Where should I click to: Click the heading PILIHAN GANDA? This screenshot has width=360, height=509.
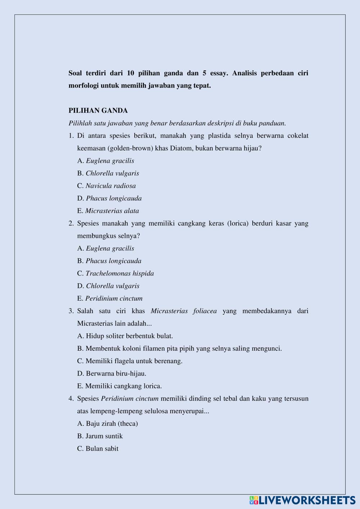pyautogui.click(x=98, y=111)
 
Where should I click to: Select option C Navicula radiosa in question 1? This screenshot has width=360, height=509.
pyautogui.click(x=107, y=186)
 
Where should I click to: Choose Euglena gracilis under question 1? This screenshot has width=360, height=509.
pyautogui.click(x=106, y=161)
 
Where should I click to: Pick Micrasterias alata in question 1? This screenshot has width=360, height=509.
pyautogui.click(x=108, y=211)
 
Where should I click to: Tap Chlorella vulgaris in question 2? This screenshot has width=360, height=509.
pyautogui.click(x=108, y=286)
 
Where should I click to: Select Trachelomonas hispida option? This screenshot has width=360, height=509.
pyautogui.click(x=116, y=274)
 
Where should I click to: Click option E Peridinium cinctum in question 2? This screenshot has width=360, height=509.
pyautogui.click(x=110, y=298)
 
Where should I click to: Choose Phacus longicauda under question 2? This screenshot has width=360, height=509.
pyautogui.click(x=109, y=261)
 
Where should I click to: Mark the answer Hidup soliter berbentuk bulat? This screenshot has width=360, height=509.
pyautogui.click(x=125, y=336)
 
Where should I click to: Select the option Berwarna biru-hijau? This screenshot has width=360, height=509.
pyautogui.click(x=112, y=373)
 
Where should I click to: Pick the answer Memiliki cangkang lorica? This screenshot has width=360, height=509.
pyautogui.click(x=120, y=386)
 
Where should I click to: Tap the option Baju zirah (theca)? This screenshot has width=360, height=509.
pyautogui.click(x=108, y=423)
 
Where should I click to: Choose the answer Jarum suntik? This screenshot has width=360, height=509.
pyautogui.click(x=100, y=436)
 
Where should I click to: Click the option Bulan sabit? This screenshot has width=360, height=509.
pyautogui.click(x=98, y=449)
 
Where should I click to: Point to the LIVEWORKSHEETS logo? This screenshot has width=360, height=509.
pyautogui.click(x=302, y=500)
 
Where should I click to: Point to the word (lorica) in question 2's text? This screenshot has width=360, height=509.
pyautogui.click(x=238, y=224)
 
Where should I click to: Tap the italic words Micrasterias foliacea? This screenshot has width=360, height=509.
pyautogui.click(x=184, y=311)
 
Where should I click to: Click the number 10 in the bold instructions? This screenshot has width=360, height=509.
pyautogui.click(x=131, y=73)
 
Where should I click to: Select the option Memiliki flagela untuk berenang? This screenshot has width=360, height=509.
pyautogui.click(x=130, y=361)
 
